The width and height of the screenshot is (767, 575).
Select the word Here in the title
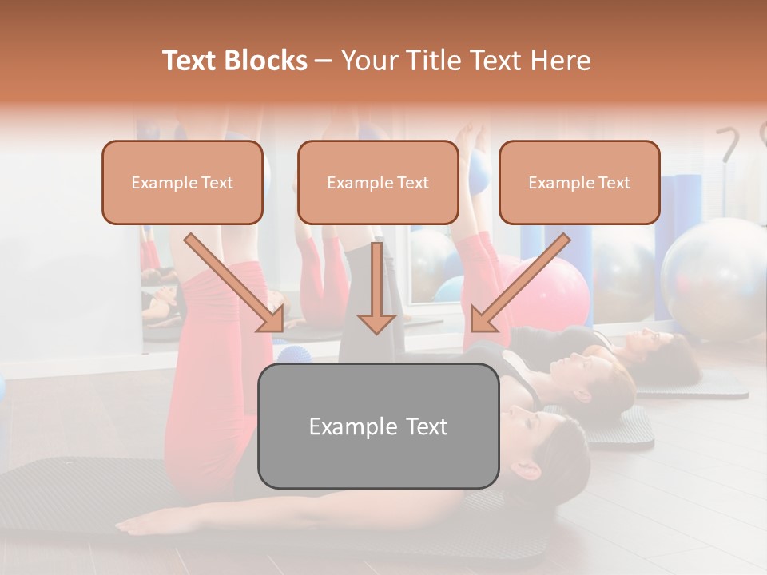[x=559, y=61]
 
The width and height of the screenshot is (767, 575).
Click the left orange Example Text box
[x=182, y=183]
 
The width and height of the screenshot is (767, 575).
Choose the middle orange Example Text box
[x=378, y=183]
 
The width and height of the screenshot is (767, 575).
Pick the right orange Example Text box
[x=579, y=183]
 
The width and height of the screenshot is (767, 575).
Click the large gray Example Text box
[x=378, y=426]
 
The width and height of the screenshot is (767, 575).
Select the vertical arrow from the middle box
[x=376, y=287]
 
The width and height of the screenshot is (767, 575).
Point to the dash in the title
[x=324, y=61]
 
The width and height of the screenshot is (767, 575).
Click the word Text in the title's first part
[x=191, y=61]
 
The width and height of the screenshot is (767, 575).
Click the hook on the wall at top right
[x=729, y=144]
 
